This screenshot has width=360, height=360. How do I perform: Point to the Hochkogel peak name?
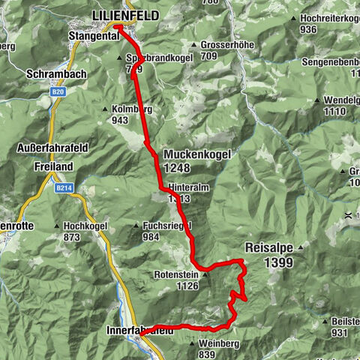point(82,225)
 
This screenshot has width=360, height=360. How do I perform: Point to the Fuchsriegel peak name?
point(166,225)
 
